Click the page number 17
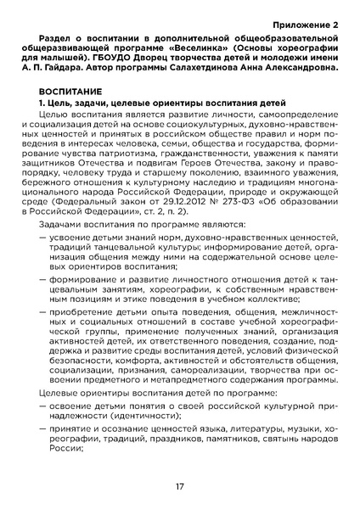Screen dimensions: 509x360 tap(180, 487)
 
